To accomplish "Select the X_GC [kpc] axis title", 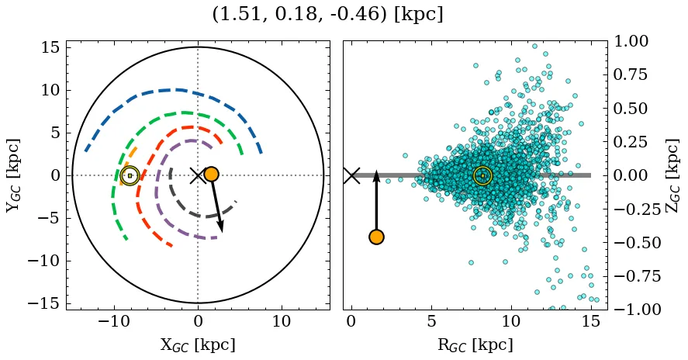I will click(197, 345).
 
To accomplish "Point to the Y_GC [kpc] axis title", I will click(13, 175).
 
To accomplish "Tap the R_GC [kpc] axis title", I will click(475, 345).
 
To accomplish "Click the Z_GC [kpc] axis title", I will click(672, 175).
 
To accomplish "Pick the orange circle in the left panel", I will click(211, 175).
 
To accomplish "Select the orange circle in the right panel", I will click(376, 237).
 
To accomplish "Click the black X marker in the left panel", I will click(198, 175).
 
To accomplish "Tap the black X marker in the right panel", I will click(351, 175).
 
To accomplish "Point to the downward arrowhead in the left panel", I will click(221, 227).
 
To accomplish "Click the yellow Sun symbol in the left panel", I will click(130, 176).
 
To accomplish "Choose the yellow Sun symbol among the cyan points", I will click(482, 176).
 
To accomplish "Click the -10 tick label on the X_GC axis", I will click(115, 321).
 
